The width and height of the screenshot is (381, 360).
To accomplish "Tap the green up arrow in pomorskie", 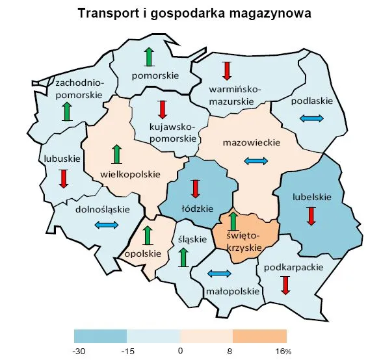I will (x=150, y=57).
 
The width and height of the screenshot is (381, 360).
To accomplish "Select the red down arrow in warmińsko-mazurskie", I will (x=227, y=70).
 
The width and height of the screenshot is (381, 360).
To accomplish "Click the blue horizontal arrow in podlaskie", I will (x=311, y=118).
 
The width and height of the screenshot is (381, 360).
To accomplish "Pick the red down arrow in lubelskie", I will (x=311, y=215).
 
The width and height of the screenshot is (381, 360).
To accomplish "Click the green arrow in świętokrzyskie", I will (x=233, y=221).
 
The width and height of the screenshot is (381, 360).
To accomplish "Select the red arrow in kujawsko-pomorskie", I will (x=163, y=109).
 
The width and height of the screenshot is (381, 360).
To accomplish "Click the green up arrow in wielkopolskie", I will (x=117, y=154).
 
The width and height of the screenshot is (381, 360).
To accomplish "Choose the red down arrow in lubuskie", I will (x=64, y=178).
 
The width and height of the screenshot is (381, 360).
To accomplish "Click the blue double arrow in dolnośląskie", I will (x=106, y=225).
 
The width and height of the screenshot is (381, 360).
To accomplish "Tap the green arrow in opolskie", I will (x=147, y=236).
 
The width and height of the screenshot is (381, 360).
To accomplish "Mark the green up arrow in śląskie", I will (x=185, y=257).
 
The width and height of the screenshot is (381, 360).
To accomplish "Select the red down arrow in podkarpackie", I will (x=285, y=285).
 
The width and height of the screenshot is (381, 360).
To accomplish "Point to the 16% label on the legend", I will (x=283, y=351).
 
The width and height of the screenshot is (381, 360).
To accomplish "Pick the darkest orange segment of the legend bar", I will (x=259, y=335).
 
